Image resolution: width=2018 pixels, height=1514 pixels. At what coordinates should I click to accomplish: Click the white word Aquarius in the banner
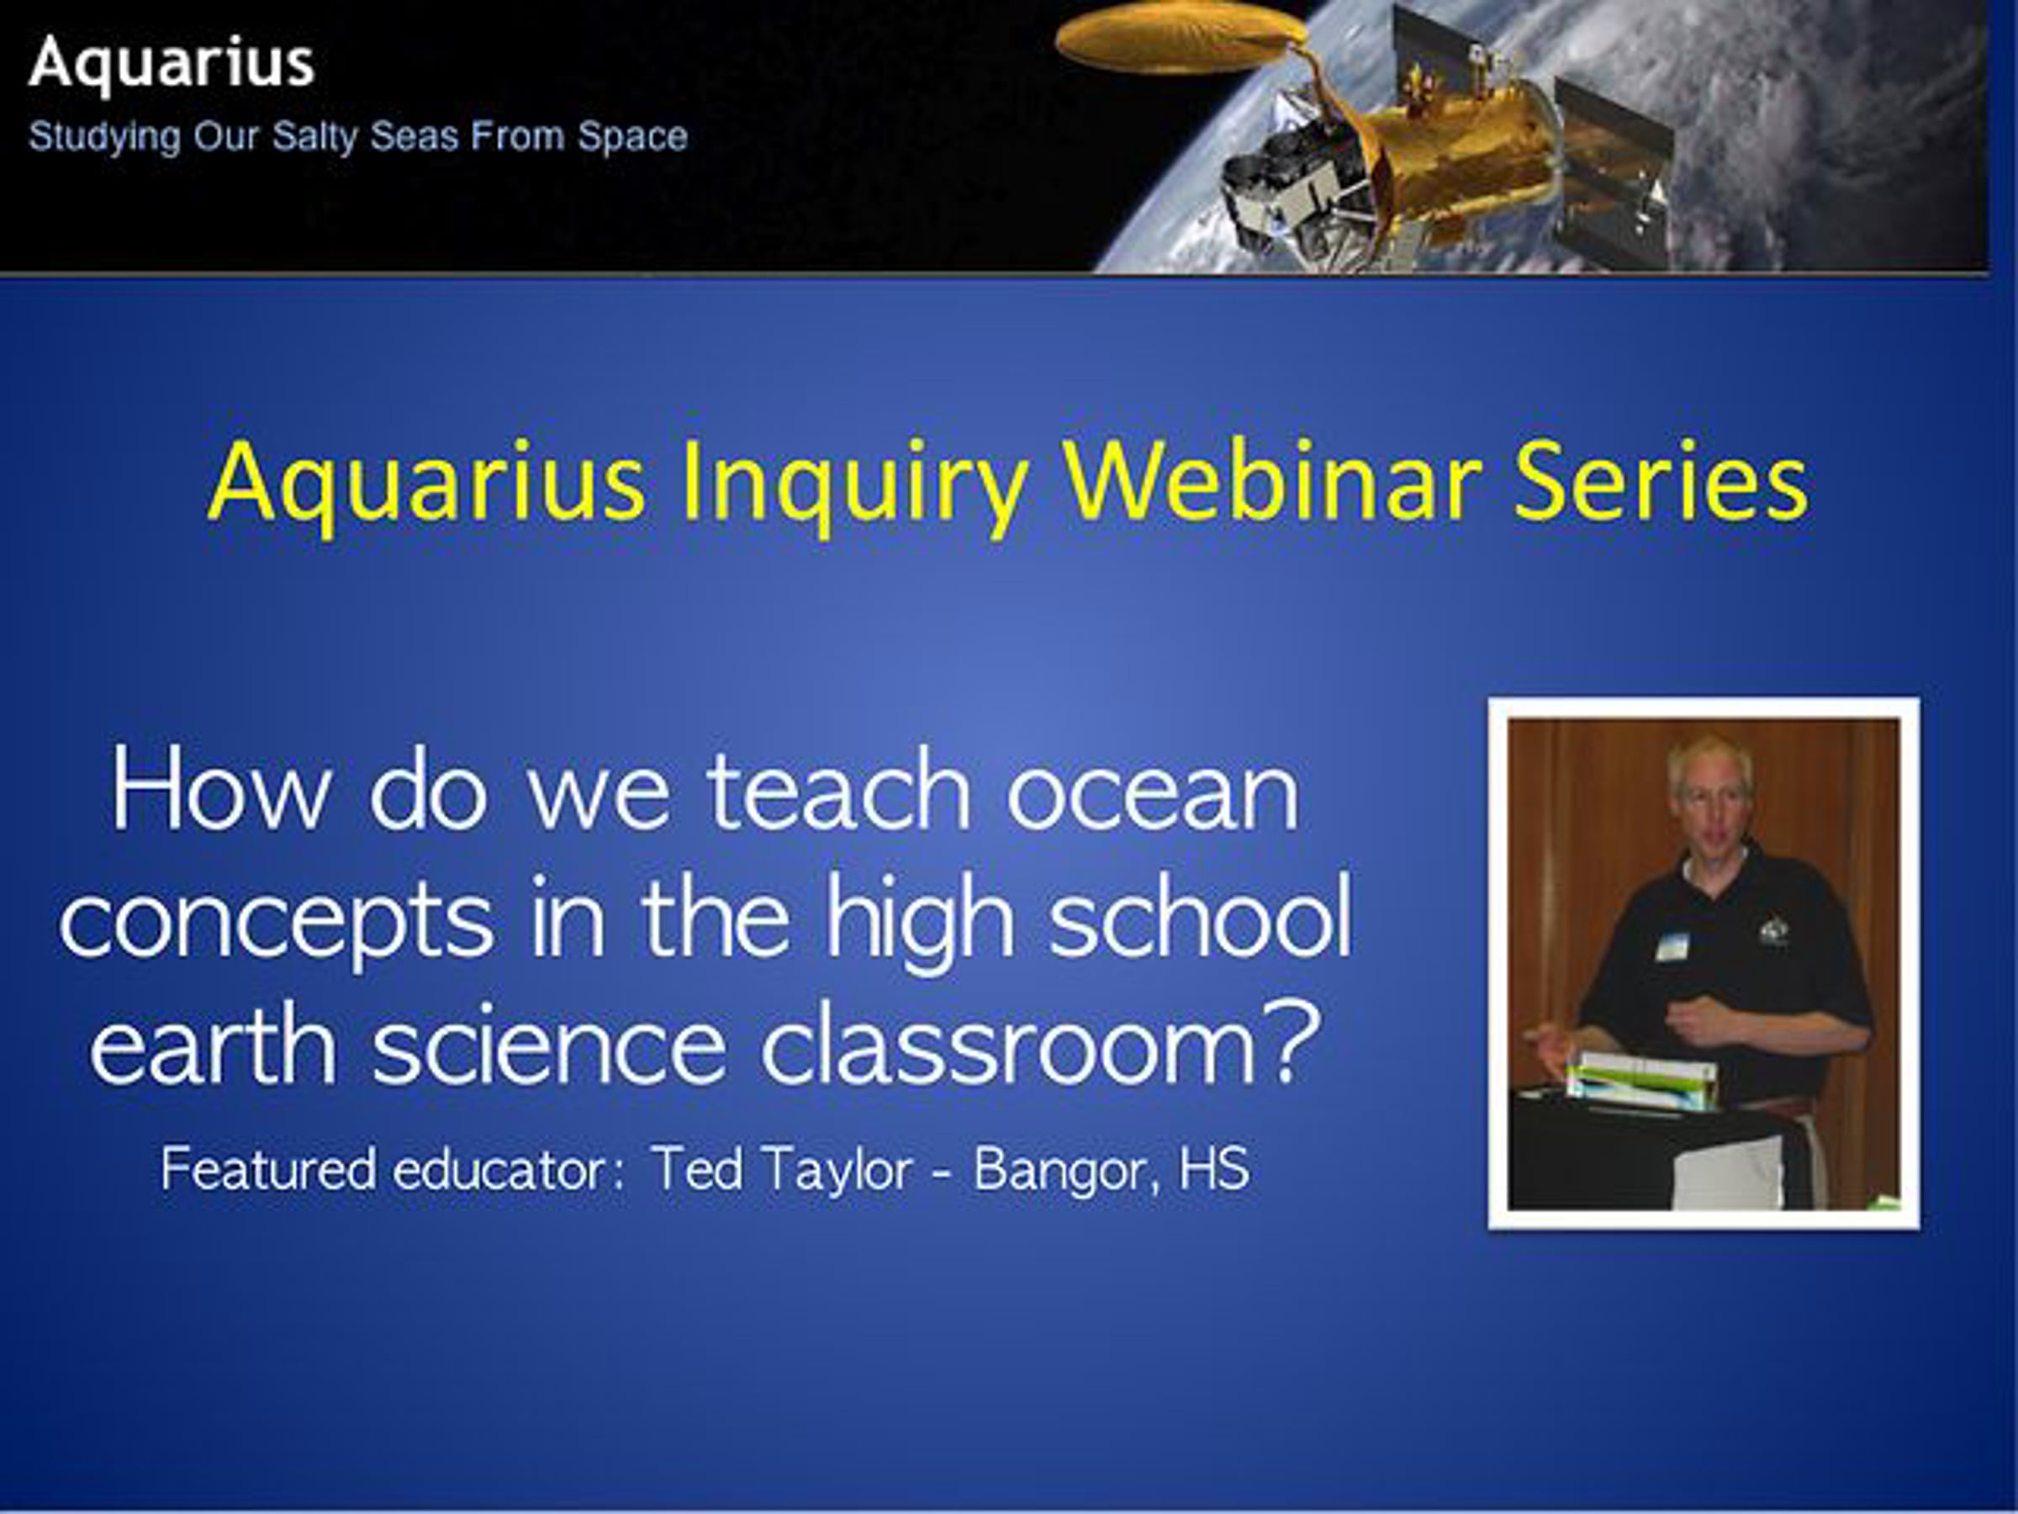[172, 64]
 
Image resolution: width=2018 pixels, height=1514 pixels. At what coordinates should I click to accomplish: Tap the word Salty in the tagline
[316, 138]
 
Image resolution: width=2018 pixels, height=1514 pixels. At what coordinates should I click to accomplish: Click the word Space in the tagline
[632, 137]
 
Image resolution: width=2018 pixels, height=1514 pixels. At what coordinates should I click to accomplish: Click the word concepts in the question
[277, 924]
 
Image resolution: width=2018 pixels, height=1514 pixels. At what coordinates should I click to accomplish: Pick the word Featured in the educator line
[268, 1169]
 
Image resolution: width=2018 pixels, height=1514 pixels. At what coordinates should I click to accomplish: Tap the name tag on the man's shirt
[1672, 946]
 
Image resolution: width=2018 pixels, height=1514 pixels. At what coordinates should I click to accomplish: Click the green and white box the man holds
[1641, 1083]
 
